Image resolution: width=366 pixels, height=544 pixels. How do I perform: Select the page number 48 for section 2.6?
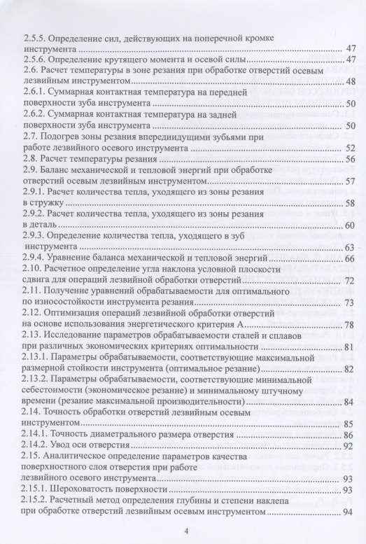(352, 83)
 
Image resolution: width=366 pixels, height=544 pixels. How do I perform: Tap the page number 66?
(352, 260)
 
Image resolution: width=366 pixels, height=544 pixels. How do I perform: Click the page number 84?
(352, 403)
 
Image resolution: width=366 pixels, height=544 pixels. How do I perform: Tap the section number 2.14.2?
(36, 445)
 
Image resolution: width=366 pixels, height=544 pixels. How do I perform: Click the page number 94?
(352, 513)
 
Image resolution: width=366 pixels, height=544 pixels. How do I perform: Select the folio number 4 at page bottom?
(185, 531)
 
